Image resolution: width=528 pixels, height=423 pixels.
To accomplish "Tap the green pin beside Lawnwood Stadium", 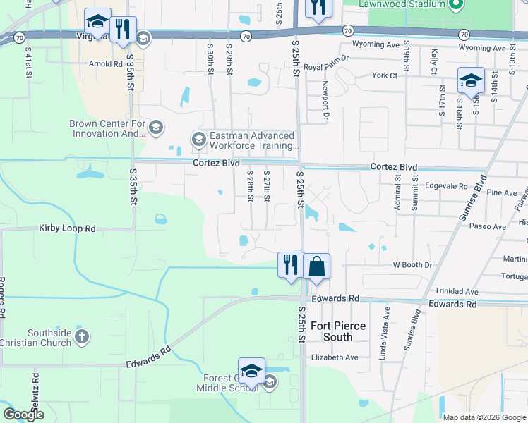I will click(x=455, y=5).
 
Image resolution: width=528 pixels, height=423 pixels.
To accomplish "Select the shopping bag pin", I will click(x=317, y=266).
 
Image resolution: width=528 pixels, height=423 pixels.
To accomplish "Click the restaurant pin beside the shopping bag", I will click(x=290, y=265).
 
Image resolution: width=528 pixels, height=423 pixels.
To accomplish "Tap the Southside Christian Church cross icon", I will click(x=82, y=337).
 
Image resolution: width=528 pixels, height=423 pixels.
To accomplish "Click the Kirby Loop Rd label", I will click(x=67, y=229).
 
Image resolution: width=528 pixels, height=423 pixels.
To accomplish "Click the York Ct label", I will click(x=385, y=75).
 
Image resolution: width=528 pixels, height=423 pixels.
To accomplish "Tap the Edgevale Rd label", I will click(x=446, y=187).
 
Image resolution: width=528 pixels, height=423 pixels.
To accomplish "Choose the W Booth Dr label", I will click(x=412, y=265).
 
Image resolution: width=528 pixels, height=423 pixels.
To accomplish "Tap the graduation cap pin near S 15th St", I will click(x=471, y=80).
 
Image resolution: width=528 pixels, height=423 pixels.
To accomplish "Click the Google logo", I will click(x=23, y=415).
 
